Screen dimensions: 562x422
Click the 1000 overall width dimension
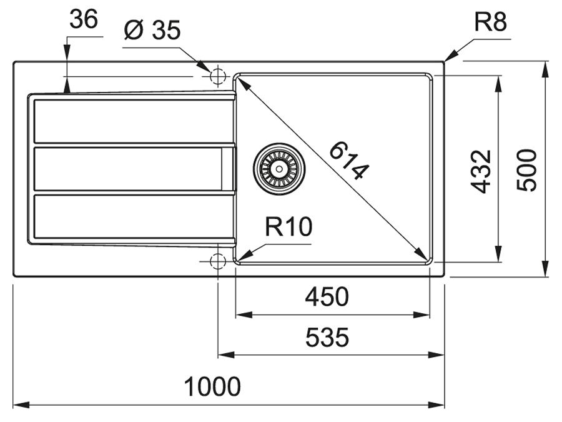coord(212,386)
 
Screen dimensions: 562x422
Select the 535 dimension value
coord(327,338)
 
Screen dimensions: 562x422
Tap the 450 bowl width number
coord(327,296)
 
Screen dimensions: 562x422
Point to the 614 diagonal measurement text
coord(348,161)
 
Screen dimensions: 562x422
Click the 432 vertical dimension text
coord(481,171)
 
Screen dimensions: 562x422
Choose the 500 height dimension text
coord(527,171)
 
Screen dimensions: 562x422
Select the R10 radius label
coord(288,226)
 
